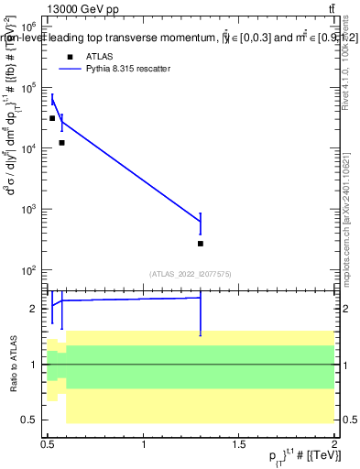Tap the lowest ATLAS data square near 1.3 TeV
tap(201, 244)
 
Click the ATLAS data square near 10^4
tap(61, 143)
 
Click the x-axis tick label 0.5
tap(49, 443)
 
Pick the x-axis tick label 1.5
tap(239, 443)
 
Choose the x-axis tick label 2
tap(334, 443)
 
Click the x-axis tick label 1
tap(144, 443)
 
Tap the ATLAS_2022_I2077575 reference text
tap(190, 274)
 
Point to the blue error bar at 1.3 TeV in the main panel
tap(201, 224)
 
